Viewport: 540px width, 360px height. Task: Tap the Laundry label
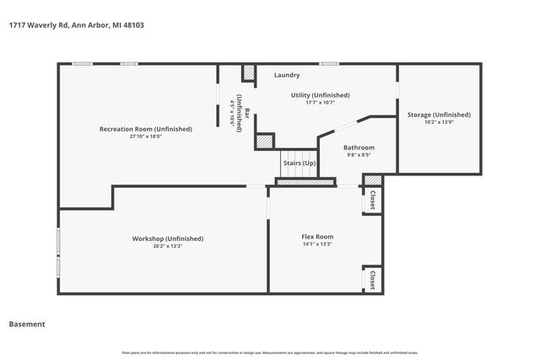pos(287,76)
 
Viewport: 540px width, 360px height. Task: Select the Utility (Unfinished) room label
pos(320,95)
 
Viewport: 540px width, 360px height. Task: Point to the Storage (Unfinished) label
pos(439,115)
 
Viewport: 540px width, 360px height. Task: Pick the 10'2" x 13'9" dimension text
pos(439,122)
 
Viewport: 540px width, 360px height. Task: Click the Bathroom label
pos(359,148)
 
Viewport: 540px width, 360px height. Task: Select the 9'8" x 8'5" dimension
pos(359,155)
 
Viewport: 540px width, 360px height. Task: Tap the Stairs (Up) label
pos(299,162)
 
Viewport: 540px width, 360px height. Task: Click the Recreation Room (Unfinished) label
pos(146,129)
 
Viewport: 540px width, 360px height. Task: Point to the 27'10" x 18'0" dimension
pos(146,137)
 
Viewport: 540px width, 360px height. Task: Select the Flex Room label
pos(317,237)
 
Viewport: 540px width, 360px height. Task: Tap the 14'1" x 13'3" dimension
pos(317,244)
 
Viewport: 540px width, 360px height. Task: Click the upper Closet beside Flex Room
pos(372,200)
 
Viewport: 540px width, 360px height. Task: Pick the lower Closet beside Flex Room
pos(372,279)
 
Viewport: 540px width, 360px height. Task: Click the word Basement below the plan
pos(27,324)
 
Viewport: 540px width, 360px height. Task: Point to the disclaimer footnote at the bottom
pos(270,352)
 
